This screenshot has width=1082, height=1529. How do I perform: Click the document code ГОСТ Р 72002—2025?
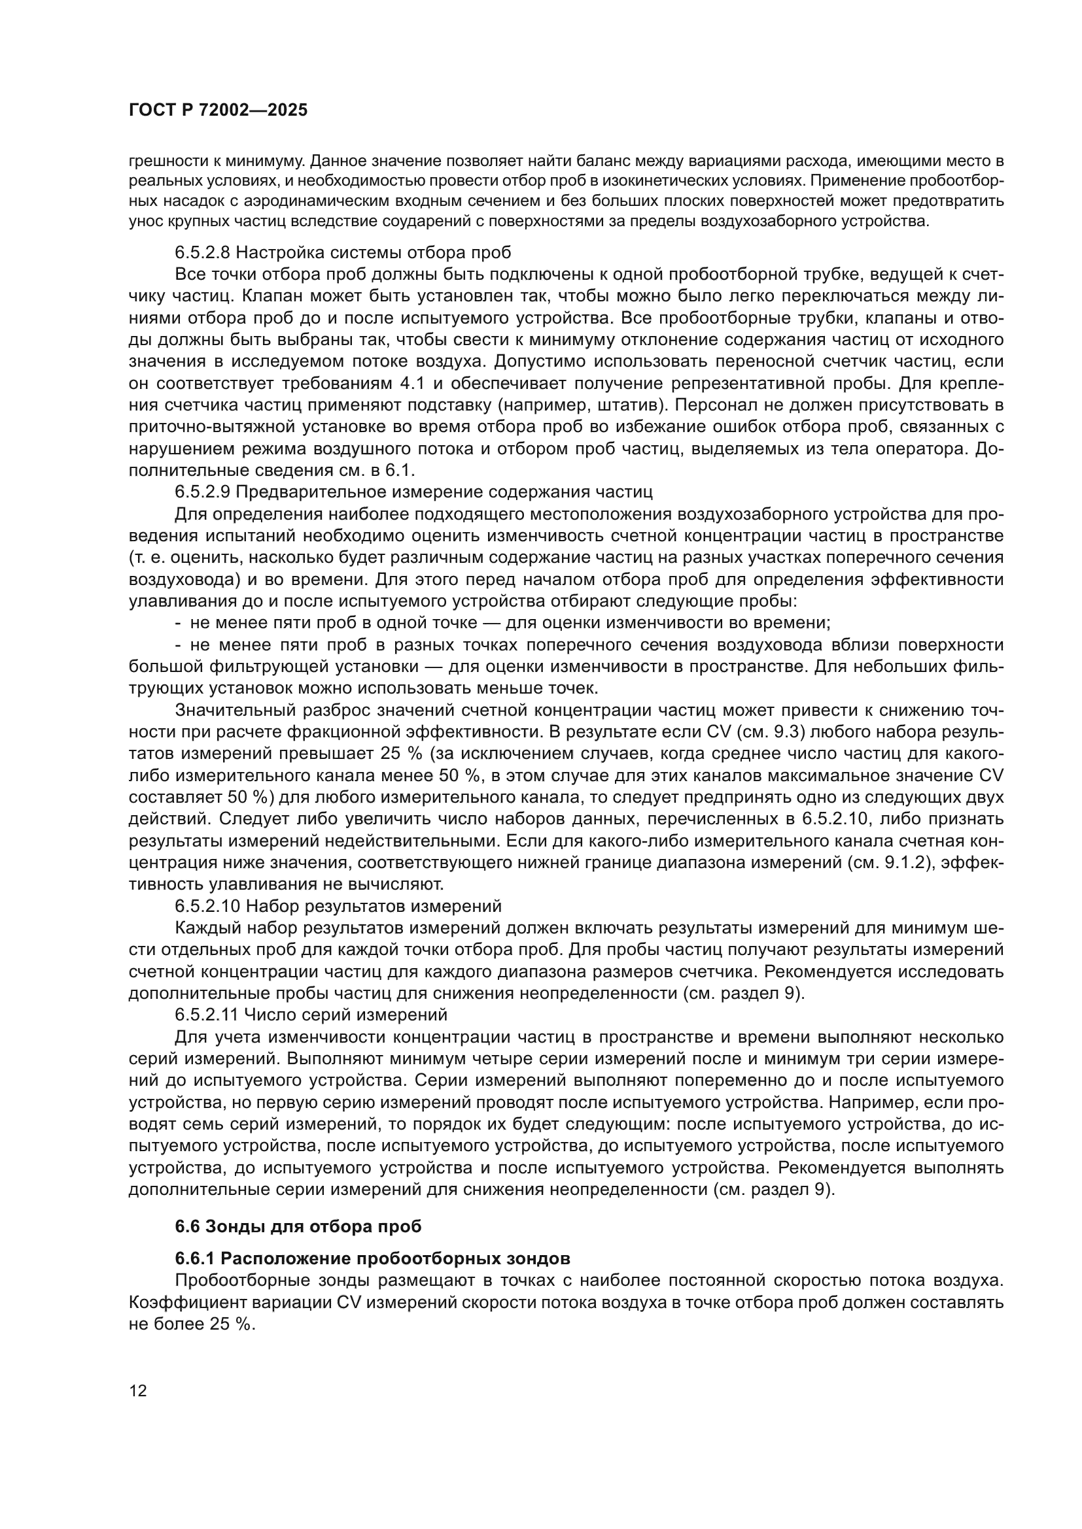tap(218, 110)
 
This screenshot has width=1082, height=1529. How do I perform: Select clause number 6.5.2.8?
tap(203, 253)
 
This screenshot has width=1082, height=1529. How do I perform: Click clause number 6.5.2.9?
tap(203, 492)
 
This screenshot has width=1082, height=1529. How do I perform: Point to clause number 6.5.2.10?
tap(207, 906)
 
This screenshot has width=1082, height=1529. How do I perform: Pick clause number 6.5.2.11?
tap(207, 1015)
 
